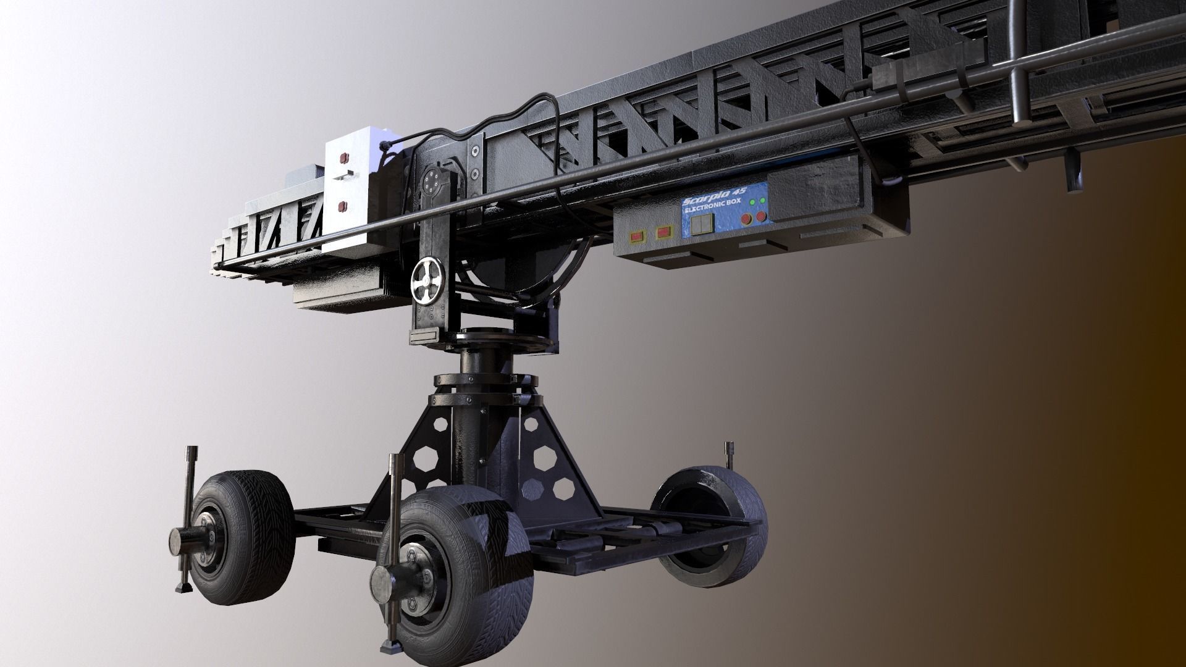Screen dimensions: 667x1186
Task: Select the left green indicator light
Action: (x=752, y=203)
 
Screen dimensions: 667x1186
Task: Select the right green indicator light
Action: (x=763, y=200)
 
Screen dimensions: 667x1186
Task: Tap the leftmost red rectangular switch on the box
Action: (x=635, y=236)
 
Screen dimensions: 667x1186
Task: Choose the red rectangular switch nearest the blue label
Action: (x=663, y=233)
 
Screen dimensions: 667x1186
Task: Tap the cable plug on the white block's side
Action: (x=388, y=146)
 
